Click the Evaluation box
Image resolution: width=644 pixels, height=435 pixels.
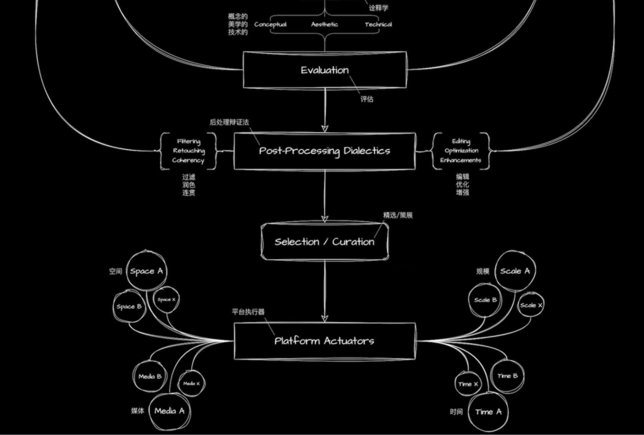325,70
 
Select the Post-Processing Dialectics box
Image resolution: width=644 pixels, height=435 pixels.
324,151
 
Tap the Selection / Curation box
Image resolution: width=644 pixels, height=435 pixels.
324,242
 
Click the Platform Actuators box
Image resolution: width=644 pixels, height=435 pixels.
324,341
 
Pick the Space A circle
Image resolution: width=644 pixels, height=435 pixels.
146,272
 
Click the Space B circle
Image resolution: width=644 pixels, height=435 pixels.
129,307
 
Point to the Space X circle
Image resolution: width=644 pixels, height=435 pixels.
166,300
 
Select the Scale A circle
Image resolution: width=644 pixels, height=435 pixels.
515,271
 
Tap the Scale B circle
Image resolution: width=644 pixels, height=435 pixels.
485,300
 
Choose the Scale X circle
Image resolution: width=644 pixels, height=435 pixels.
531,305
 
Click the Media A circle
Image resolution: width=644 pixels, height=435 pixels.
169,411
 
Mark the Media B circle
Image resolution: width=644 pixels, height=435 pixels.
150,377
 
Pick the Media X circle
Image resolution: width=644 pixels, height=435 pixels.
191,384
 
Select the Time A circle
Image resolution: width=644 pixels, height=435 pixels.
488,412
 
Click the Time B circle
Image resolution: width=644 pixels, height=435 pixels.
507,376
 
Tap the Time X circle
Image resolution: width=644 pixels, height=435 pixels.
468,384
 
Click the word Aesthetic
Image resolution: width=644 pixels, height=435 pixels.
324,24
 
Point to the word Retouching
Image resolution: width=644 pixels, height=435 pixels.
188,151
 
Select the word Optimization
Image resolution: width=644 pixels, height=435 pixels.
461,151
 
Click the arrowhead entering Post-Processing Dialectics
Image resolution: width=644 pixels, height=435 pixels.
325,127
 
